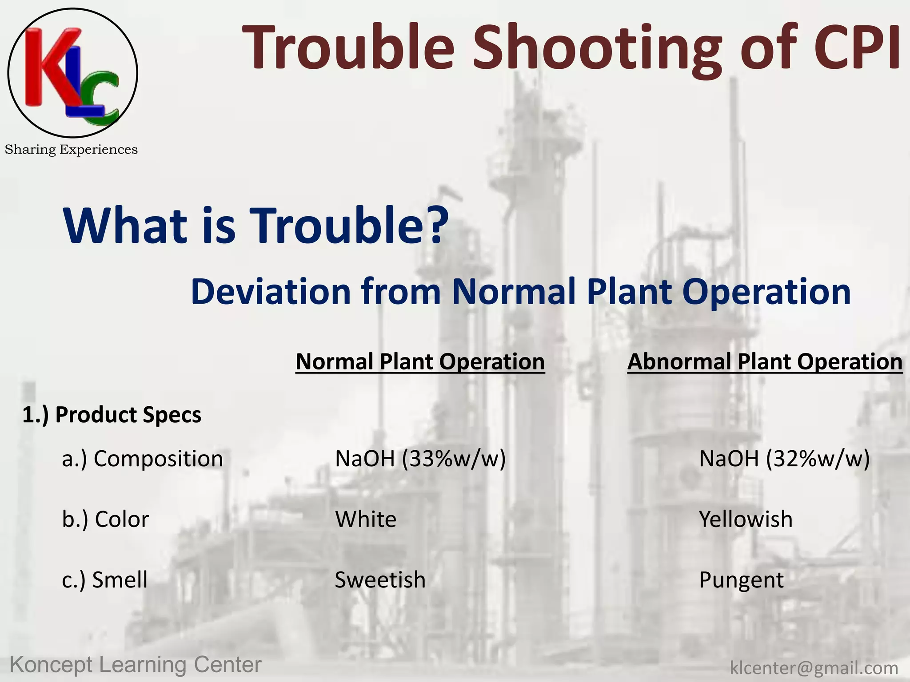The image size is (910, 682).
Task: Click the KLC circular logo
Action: point(72,72)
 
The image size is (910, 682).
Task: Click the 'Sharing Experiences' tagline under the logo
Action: point(71,150)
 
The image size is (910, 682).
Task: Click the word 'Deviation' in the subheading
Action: point(271,292)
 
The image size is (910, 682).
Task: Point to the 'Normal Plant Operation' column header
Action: point(420,361)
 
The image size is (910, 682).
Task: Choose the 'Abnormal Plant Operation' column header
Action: point(765,361)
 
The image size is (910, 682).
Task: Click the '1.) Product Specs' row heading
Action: point(112,415)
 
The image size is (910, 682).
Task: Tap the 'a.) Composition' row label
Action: point(142,459)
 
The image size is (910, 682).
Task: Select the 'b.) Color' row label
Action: point(105,519)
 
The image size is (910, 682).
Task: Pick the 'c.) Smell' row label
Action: point(104,580)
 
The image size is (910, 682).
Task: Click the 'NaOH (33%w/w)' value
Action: point(420,459)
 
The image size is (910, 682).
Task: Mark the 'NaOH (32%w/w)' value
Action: point(784,459)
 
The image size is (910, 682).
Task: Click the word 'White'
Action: point(365,519)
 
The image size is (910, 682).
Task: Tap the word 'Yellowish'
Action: point(746,519)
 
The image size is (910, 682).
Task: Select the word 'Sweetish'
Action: point(380,580)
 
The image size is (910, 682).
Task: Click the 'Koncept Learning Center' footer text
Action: point(136,665)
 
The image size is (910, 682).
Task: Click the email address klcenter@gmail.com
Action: point(814,668)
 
